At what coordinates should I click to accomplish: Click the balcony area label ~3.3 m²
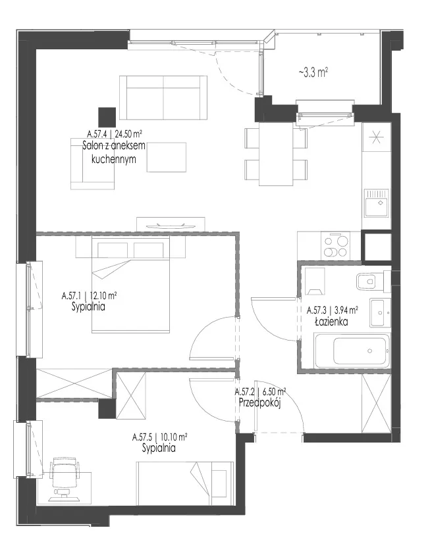point(313,73)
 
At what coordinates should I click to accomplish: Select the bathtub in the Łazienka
point(352,350)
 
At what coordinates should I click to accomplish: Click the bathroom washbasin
point(381,312)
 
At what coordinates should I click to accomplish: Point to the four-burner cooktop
point(335,246)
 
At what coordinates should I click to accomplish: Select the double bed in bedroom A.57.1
point(130,285)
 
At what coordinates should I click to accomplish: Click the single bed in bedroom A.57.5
point(186,483)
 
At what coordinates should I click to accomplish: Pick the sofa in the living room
point(163,97)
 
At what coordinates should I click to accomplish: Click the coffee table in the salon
point(166,157)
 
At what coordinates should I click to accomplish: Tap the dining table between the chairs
point(276,154)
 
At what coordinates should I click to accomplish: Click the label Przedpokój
point(260,403)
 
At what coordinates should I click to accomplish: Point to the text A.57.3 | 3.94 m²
point(332,310)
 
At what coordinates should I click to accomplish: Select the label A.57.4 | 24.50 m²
point(115,133)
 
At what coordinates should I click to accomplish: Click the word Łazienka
point(331,322)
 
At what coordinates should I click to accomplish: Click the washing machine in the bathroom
point(315,281)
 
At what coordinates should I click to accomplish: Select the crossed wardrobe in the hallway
point(376,403)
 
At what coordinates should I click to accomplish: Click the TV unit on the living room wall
point(171,224)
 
